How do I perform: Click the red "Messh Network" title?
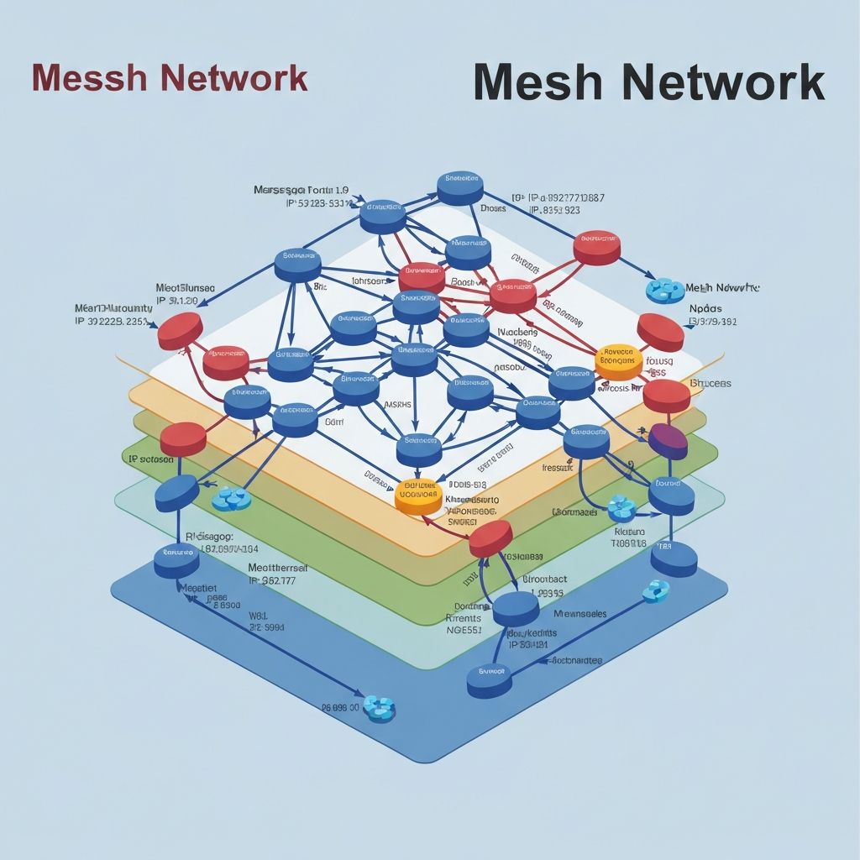click(x=170, y=77)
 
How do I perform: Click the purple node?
click(x=669, y=441)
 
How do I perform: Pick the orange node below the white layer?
click(x=417, y=496)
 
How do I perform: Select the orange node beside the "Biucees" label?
click(x=619, y=360)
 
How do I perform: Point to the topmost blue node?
click(x=460, y=188)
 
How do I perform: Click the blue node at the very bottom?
click(x=489, y=681)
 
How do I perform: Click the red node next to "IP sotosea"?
click(x=182, y=438)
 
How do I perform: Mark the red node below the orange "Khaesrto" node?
click(x=490, y=537)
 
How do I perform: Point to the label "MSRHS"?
click(x=397, y=406)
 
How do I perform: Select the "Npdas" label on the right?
click(x=705, y=307)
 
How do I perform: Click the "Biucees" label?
click(x=711, y=384)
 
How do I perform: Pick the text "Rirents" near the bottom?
click(x=467, y=617)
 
